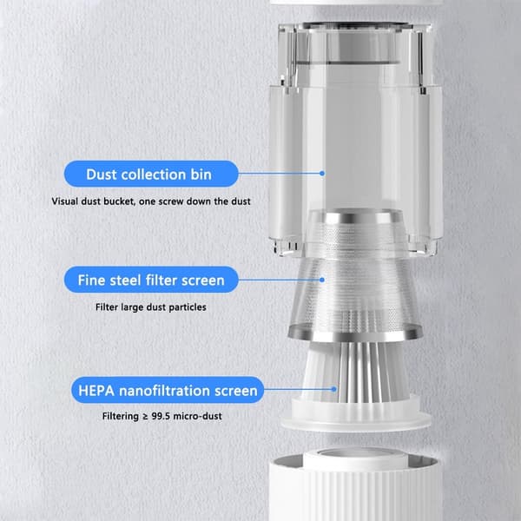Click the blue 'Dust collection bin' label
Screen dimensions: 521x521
tap(151, 174)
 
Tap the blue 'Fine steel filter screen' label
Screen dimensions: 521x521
tap(151, 280)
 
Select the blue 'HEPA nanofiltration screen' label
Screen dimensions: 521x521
tap(168, 390)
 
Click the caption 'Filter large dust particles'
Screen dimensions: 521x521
tap(151, 307)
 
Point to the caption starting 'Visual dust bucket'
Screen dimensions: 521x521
tap(151, 201)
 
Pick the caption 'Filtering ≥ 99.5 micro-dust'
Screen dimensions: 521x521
tap(162, 416)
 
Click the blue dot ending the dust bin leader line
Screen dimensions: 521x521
tap(321, 173)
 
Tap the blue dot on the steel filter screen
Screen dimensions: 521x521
tap(321, 280)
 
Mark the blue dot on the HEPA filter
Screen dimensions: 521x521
tap(334, 389)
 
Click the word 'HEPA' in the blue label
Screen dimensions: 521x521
tap(96, 391)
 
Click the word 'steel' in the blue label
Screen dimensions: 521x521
tap(125, 280)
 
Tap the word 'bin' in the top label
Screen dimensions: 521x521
tap(201, 175)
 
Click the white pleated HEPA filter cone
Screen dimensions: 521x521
tap(354, 373)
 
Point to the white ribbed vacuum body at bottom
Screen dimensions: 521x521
tap(355, 488)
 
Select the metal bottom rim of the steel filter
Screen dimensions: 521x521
tap(355, 333)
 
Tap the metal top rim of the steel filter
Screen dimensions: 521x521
tap(355, 216)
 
